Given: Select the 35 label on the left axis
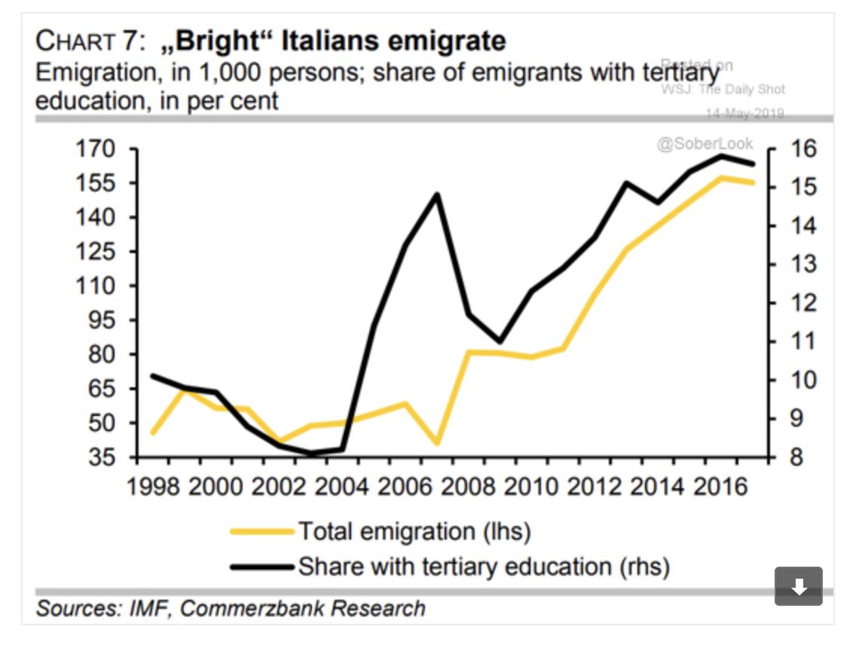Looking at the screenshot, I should pos(103,457).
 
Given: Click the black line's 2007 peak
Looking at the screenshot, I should pos(437,194).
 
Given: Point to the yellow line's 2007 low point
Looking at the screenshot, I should pos(436,443).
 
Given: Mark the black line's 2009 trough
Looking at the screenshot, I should pos(499,341).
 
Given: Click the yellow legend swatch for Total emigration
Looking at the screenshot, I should pos(261,531).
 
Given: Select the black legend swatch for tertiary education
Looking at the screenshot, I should pos(261,566).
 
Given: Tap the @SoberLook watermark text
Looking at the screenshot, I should pos(705,144).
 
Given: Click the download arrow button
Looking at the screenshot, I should pos(799,586).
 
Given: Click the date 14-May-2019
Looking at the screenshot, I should pos(744,114).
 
